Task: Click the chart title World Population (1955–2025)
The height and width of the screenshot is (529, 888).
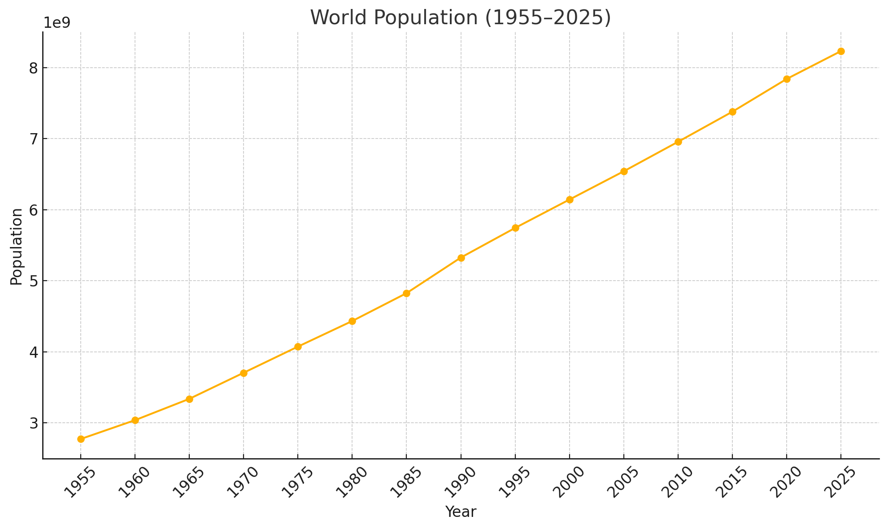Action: tap(461, 18)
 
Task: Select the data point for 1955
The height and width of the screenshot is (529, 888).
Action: tap(81, 439)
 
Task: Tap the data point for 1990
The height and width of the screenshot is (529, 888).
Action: tap(461, 258)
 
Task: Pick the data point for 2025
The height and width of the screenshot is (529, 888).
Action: tap(841, 52)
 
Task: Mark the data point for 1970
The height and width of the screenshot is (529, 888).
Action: tap(244, 373)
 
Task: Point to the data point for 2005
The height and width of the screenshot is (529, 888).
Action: tap(624, 171)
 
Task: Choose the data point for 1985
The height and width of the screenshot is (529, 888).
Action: tap(406, 293)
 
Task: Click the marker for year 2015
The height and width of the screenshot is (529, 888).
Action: tap(732, 112)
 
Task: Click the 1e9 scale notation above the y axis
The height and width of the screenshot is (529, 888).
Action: tap(57, 23)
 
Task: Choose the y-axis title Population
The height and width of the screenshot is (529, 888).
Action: tap(17, 246)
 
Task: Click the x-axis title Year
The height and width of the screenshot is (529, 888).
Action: tap(461, 512)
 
